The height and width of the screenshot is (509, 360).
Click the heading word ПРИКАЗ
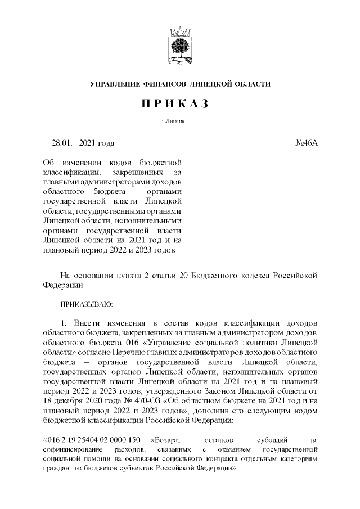click(180, 104)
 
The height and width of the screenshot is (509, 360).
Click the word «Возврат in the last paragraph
click(166, 439)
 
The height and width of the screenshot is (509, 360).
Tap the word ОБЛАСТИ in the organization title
click(251, 84)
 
